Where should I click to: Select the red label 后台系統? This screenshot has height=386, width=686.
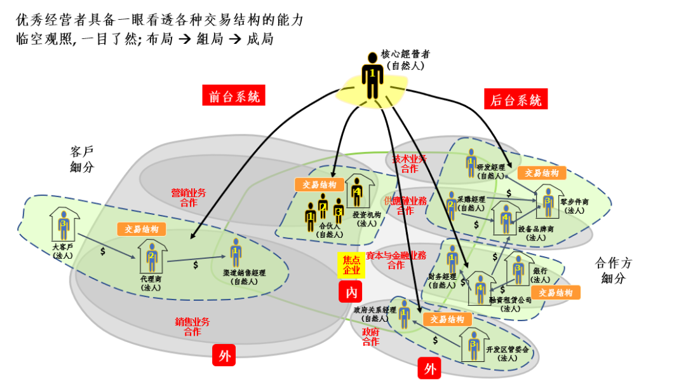(x=516, y=100)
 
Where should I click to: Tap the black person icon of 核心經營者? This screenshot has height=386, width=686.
(x=373, y=74)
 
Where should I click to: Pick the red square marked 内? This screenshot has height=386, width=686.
(x=351, y=293)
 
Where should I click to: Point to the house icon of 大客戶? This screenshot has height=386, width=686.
(x=63, y=224)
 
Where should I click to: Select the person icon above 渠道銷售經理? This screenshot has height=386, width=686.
(x=236, y=252)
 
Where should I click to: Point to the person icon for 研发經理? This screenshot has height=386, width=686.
(x=471, y=162)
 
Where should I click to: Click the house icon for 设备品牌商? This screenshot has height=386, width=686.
(x=506, y=218)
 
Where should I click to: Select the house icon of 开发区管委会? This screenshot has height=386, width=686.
(x=473, y=344)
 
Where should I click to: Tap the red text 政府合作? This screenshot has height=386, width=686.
(x=370, y=337)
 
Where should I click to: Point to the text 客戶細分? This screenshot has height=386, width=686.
(x=81, y=159)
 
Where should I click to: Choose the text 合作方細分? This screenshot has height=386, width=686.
(x=613, y=271)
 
